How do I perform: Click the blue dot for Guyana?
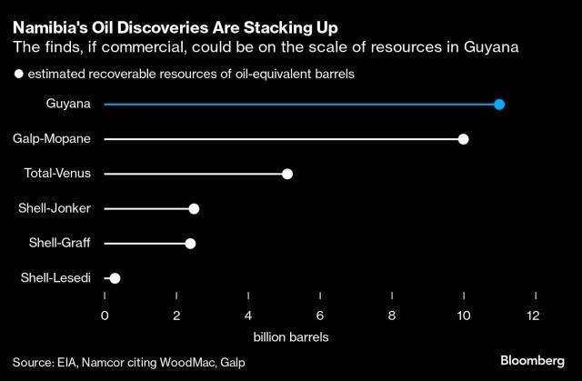coord(499,105)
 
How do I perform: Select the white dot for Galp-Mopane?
coord(464,139)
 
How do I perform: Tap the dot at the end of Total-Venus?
coord(287,174)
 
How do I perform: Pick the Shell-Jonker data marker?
coord(194,209)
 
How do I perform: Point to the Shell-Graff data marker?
coord(190,244)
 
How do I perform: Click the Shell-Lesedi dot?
coord(115,278)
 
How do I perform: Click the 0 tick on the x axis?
coord(105,316)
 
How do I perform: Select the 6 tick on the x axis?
coord(320,316)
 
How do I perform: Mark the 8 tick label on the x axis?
coord(392,316)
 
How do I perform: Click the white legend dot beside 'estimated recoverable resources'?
coord(18,75)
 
